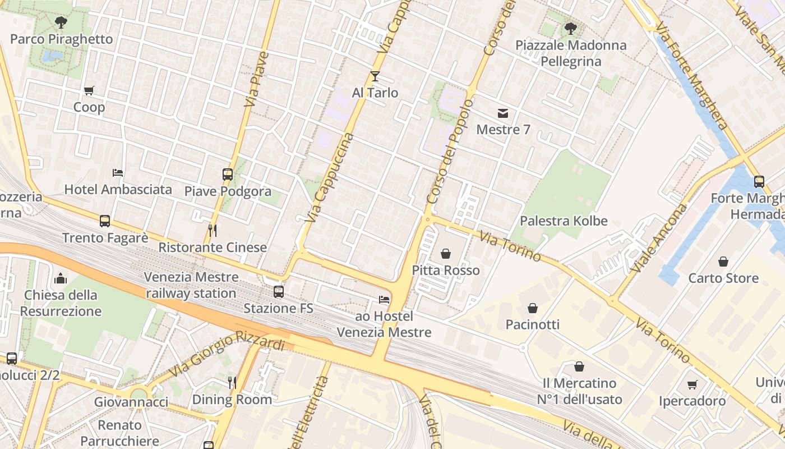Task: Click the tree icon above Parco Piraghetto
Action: [x=61, y=23]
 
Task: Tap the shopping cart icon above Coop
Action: [x=89, y=91]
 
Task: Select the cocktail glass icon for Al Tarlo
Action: [x=375, y=76]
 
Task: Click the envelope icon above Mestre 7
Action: [x=503, y=114]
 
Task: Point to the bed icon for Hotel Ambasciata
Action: [x=118, y=173]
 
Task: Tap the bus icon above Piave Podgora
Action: [x=227, y=175]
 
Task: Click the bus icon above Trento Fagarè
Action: [x=105, y=221]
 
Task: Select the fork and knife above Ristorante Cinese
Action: [x=213, y=231]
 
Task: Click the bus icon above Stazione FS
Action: [x=279, y=292]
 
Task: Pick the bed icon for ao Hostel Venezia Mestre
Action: [x=384, y=300]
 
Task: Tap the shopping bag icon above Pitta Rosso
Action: [x=446, y=254]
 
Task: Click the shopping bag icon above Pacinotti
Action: [x=533, y=308]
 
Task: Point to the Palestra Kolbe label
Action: [x=564, y=221]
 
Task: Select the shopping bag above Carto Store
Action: [x=723, y=262]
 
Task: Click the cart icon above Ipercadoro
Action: [x=692, y=385]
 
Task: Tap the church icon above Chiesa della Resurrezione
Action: [x=61, y=278]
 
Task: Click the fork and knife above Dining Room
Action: [x=232, y=383]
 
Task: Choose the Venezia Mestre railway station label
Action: [x=191, y=285]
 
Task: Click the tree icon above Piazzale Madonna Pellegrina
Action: [x=571, y=29]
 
